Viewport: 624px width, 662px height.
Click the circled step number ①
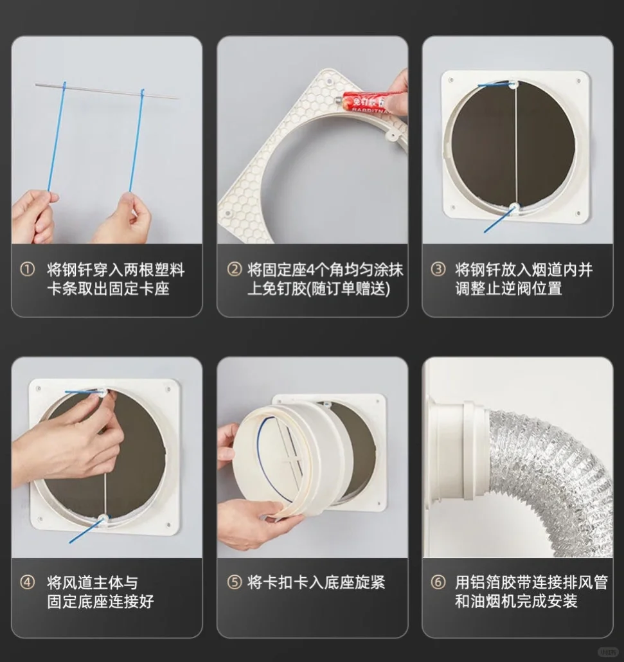coord(27,270)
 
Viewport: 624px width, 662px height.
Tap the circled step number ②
coord(235,270)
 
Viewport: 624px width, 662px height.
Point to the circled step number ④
coord(27,583)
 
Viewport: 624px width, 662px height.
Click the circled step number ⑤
coord(235,583)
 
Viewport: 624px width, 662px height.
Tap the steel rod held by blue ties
coord(106,91)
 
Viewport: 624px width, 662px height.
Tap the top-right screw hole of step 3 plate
coord(578,82)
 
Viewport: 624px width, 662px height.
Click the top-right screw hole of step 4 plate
coord(169,389)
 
